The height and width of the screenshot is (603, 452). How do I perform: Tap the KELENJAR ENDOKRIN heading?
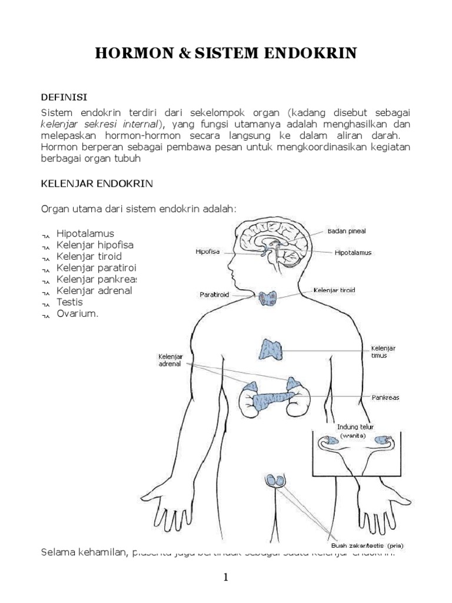[96, 184]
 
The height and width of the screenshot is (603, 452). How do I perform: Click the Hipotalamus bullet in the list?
[85, 233]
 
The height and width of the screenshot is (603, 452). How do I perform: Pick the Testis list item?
[69, 302]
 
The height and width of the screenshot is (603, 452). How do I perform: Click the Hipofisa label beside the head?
[207, 251]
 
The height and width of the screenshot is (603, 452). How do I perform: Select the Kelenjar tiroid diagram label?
[334, 290]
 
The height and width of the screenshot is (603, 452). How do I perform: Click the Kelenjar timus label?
[383, 352]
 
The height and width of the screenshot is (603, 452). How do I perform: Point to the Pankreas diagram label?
[385, 397]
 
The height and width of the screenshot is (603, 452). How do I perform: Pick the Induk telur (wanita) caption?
[355, 431]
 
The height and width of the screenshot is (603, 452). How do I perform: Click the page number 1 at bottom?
[225, 578]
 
